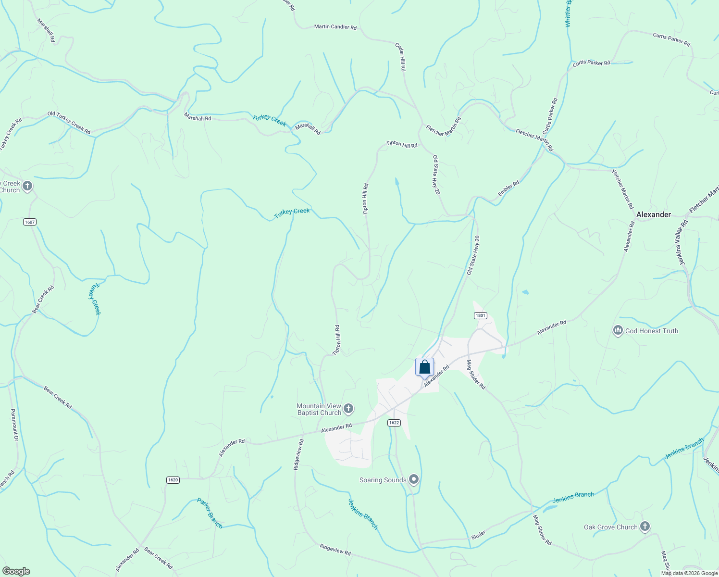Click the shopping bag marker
pyautogui.click(x=424, y=367)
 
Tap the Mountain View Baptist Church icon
pyautogui.click(x=348, y=409)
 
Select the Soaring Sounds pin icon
pyautogui.click(x=414, y=479)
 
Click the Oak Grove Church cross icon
pyautogui.click(x=645, y=527)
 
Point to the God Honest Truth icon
pyautogui.click(x=618, y=331)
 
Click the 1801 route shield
pyautogui.click(x=480, y=315)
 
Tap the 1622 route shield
pyautogui.click(x=394, y=423)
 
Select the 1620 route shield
pyautogui.click(x=173, y=480)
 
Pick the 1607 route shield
pyautogui.click(x=30, y=222)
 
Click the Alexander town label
pyautogui.click(x=653, y=214)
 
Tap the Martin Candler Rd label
pyautogui.click(x=335, y=27)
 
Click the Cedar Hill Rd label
pyautogui.click(x=400, y=57)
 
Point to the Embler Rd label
pyautogui.click(x=508, y=188)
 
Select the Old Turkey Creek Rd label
pyautogui.click(x=69, y=123)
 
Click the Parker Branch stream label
pyautogui.click(x=210, y=513)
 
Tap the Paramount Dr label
pyautogui.click(x=14, y=425)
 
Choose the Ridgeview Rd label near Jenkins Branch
pyautogui.click(x=335, y=550)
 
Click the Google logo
pyautogui.click(x=16, y=571)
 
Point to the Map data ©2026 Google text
pyautogui.click(x=689, y=573)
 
